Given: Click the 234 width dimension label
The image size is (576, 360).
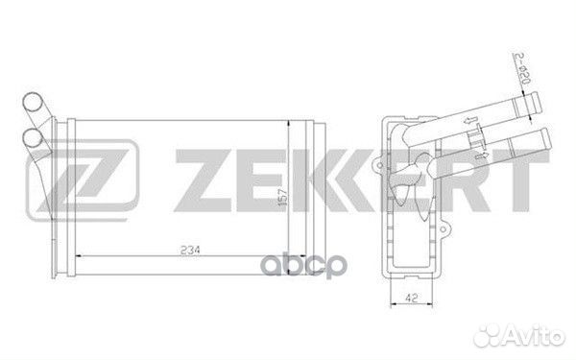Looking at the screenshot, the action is coord(190,251).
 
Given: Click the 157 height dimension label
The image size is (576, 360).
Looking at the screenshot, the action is coord(282,197).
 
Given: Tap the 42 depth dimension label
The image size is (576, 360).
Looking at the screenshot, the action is coord(412,298).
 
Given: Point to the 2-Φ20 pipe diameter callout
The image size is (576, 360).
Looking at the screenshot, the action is coord(522,69).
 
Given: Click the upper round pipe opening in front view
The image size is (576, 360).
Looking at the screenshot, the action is coord(33,102).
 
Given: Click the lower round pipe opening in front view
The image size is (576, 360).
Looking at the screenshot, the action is coord(33,137).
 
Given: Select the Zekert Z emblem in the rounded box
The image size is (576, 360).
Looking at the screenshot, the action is coord(83,180).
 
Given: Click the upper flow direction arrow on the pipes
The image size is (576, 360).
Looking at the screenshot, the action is coord(470,120).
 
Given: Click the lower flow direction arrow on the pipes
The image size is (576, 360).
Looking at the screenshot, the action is coord(482,155).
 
